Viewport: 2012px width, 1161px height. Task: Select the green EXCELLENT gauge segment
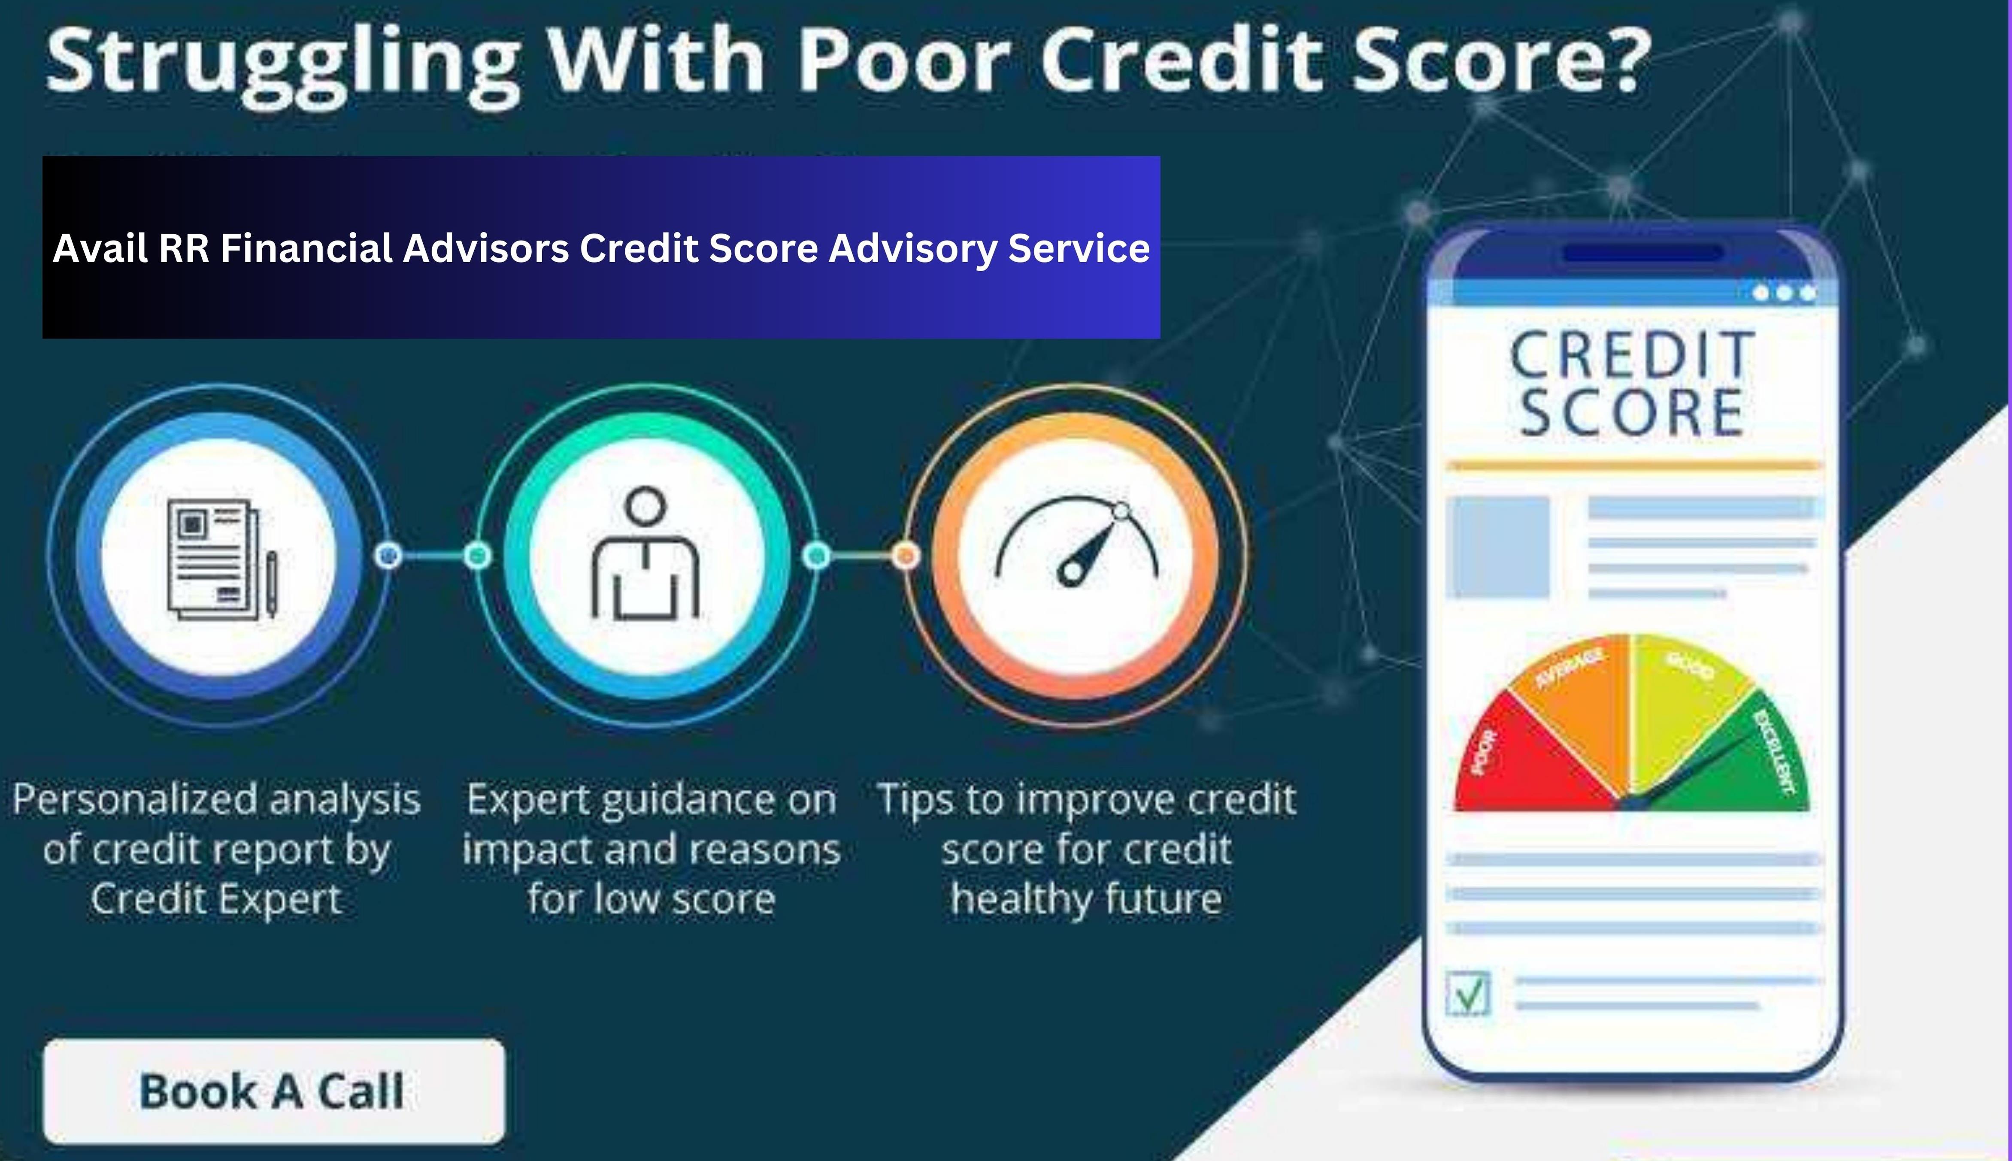click(x=1754, y=765)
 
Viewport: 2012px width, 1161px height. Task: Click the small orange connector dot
click(x=905, y=555)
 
